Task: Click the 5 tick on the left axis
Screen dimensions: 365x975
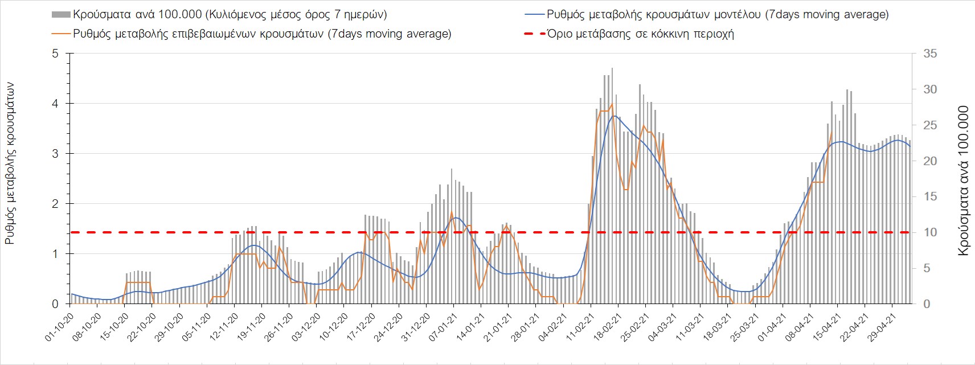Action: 55,54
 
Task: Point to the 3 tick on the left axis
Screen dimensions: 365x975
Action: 55,154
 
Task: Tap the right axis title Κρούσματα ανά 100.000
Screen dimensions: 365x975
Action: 963,181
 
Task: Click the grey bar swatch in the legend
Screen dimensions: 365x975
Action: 61,14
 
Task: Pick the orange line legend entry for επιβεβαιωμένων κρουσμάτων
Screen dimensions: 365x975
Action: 262,34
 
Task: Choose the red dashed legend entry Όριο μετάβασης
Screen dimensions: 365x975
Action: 629,34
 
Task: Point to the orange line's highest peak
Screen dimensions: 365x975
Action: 612,104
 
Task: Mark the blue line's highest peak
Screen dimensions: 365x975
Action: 613,116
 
